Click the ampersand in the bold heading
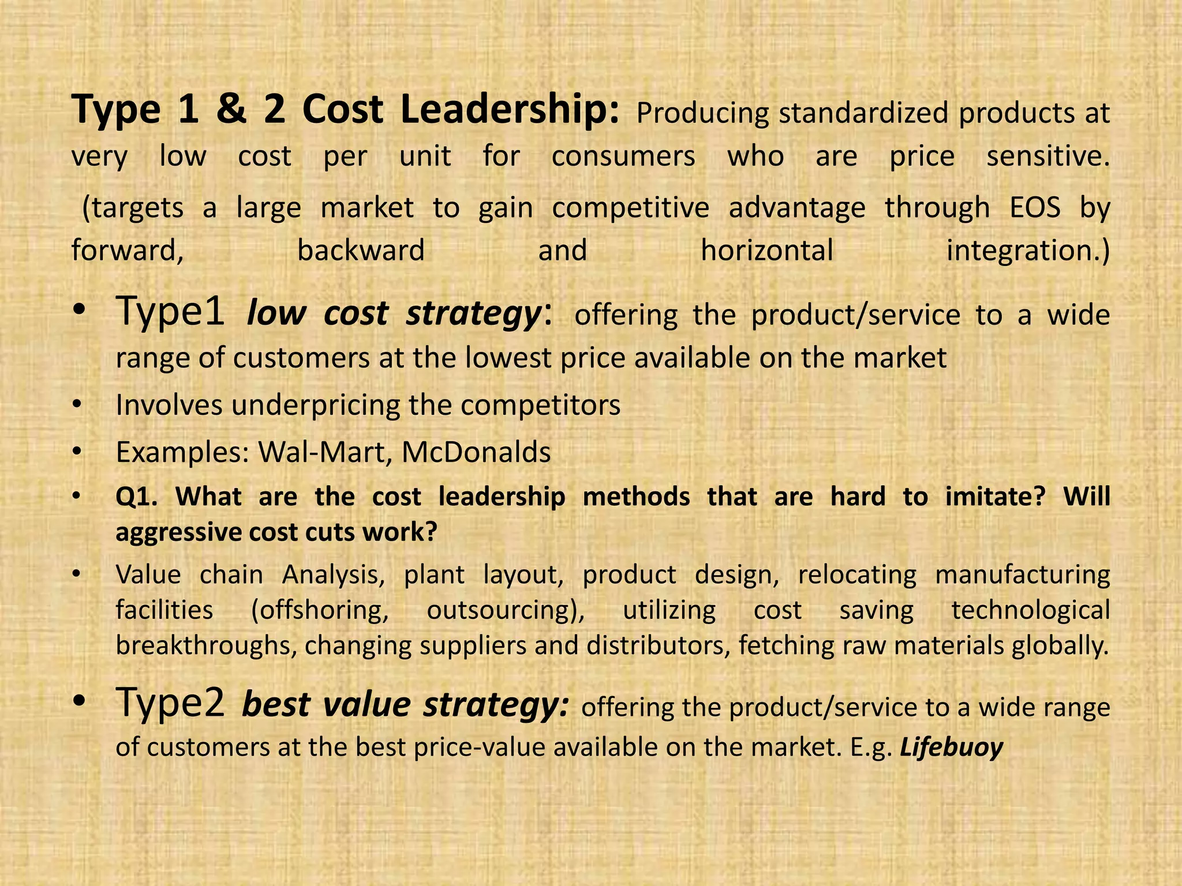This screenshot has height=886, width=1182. click(x=231, y=110)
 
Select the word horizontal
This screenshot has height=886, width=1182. click(x=767, y=250)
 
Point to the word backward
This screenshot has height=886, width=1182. click(x=361, y=250)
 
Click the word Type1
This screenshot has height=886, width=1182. click(x=170, y=312)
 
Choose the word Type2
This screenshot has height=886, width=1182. click(x=170, y=704)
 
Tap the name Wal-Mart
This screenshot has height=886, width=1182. click(x=326, y=452)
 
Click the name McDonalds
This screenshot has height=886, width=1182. click(x=476, y=452)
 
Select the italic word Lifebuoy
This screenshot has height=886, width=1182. click(x=952, y=747)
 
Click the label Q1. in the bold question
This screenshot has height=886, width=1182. click(x=137, y=497)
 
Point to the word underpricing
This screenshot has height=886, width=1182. click(x=316, y=406)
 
